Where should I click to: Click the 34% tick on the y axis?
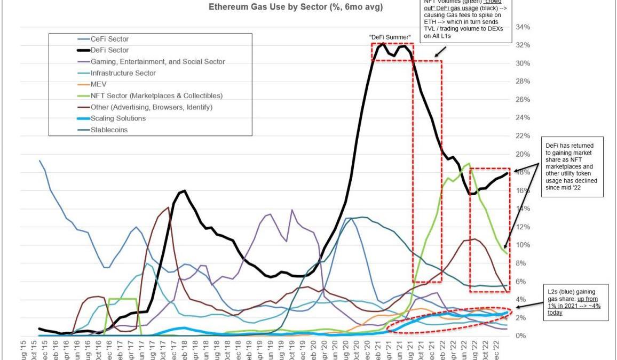pos(523,27)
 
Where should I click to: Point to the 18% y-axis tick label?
pos(523,172)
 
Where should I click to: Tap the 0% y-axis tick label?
pos(521,335)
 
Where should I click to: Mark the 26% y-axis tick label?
pos(523,100)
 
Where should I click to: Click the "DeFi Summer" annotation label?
pos(390,37)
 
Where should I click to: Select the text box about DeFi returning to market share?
pos(572,166)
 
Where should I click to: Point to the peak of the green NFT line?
pos(469,164)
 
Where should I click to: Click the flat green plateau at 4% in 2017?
pos(124,299)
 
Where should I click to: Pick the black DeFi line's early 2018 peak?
pos(184,190)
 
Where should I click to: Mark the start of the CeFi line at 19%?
pos(40,161)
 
